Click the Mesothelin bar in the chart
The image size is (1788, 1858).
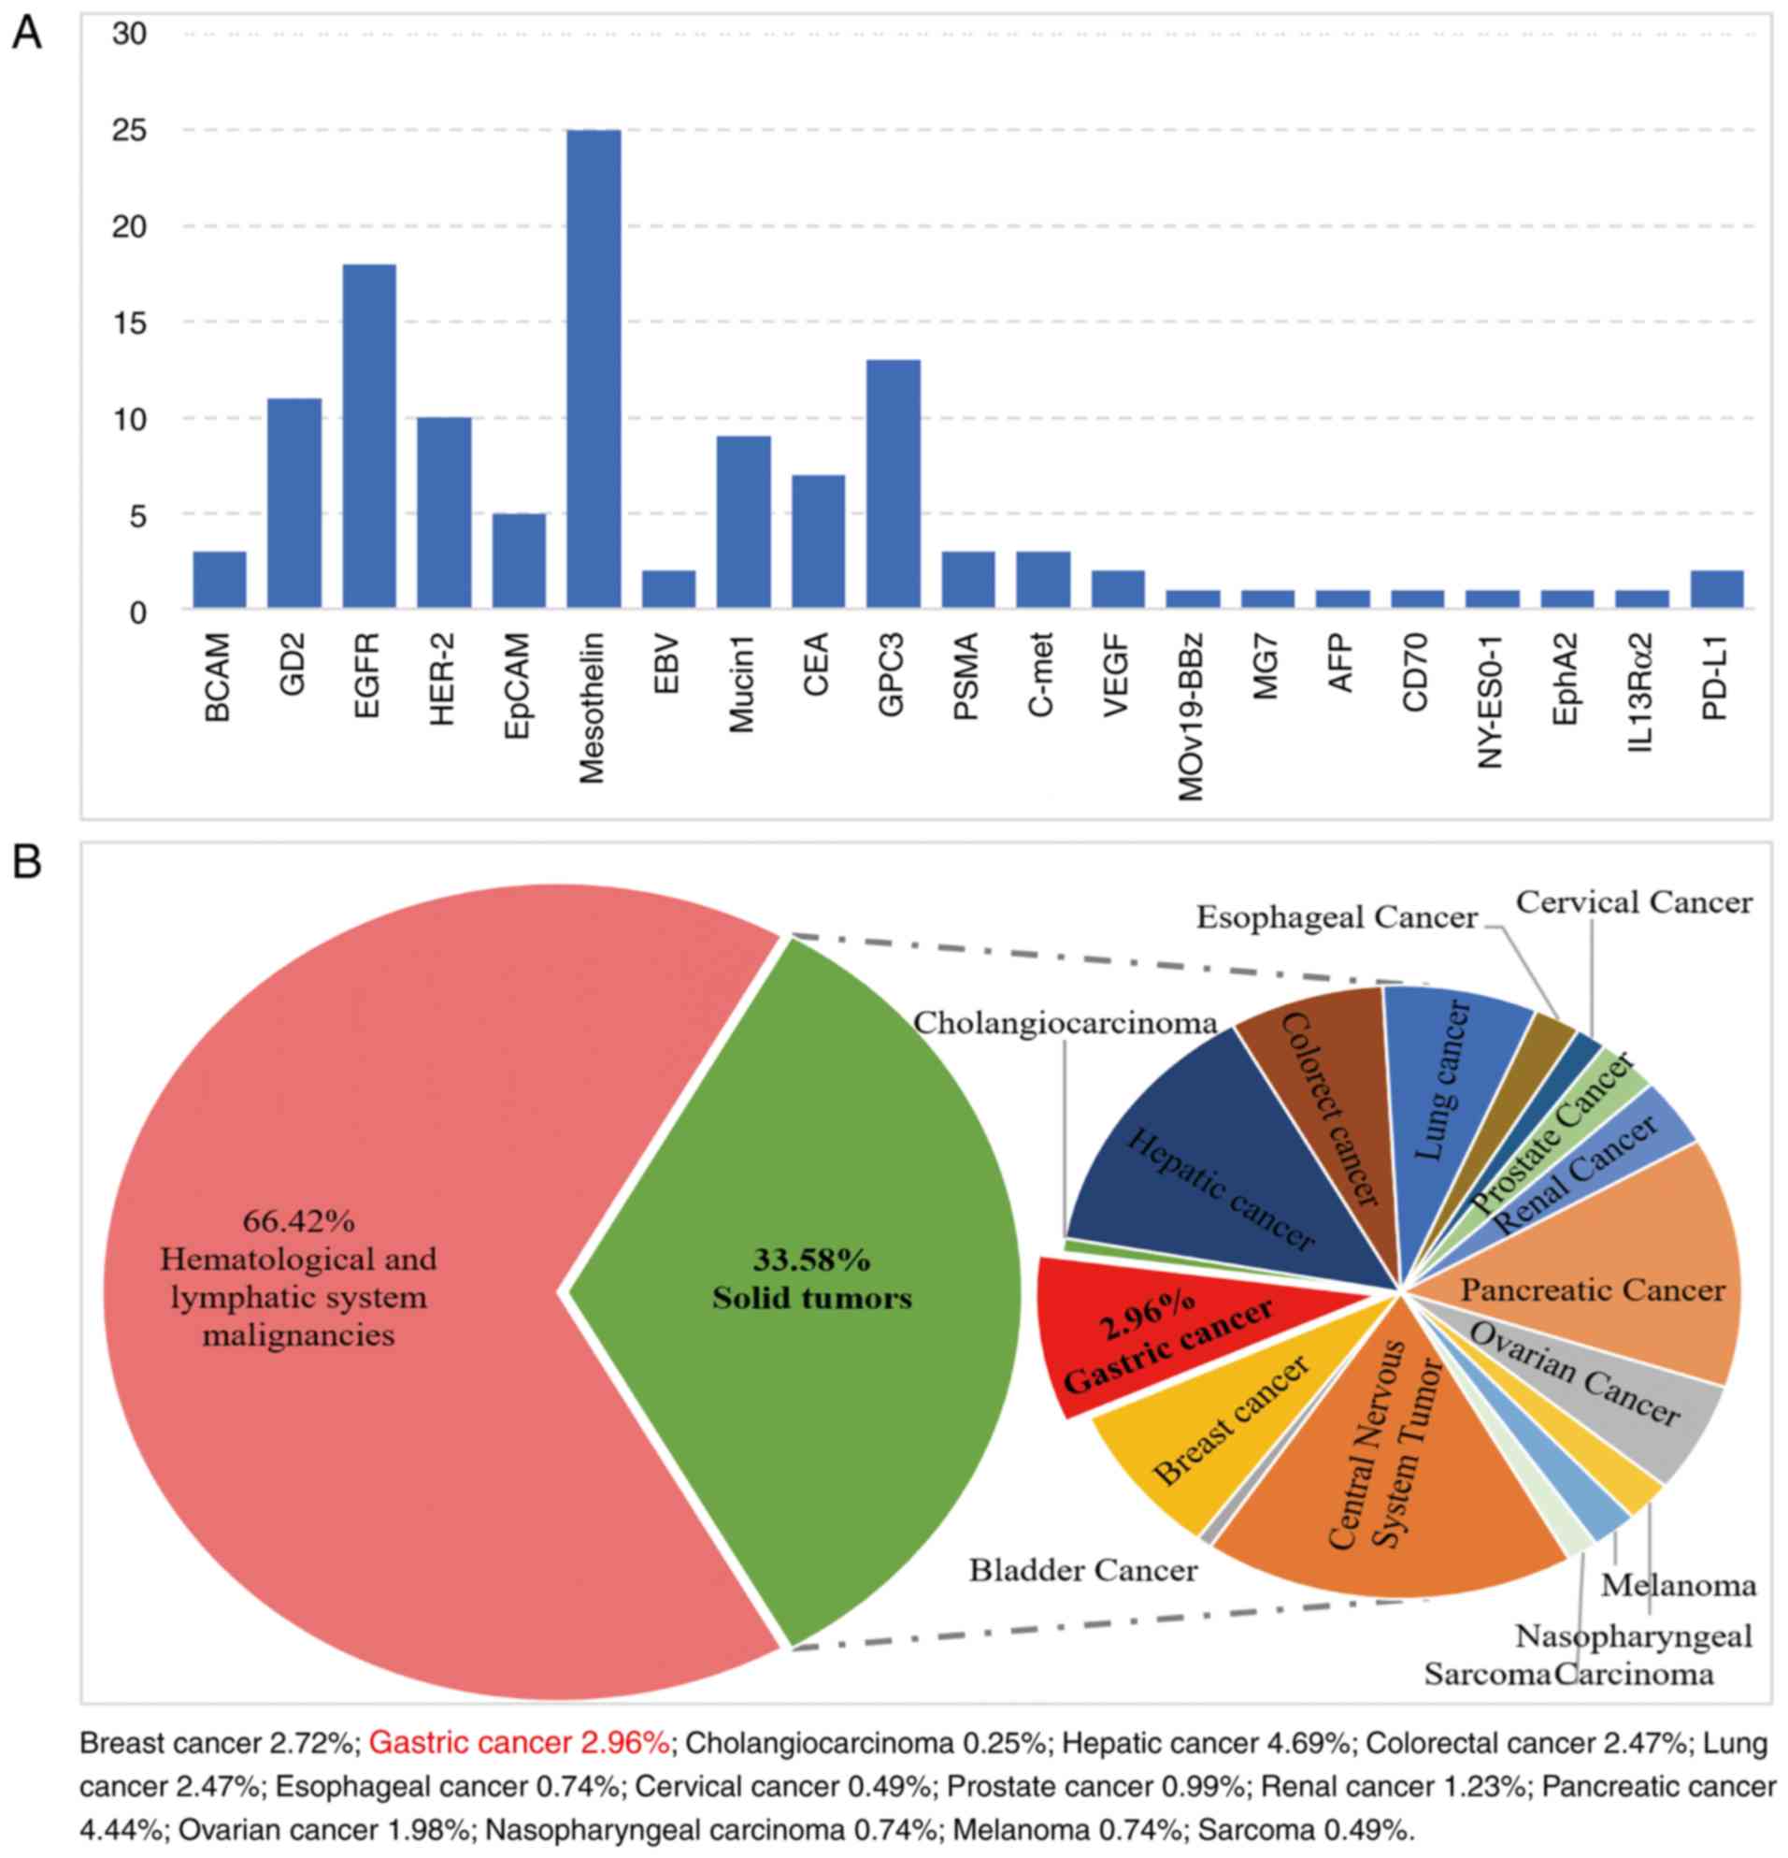594,368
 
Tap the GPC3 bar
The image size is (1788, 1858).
893,483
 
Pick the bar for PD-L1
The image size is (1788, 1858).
1716,589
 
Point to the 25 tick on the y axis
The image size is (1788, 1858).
130,131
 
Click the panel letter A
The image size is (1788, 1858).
25,36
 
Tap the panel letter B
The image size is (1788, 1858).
25,862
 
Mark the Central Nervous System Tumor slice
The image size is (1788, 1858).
1383,1478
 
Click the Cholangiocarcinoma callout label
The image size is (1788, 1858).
1065,1022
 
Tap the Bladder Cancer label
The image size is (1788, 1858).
1082,1571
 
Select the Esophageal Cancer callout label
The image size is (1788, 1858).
1336,916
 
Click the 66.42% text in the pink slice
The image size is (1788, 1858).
298,1221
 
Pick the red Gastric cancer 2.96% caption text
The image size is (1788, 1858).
520,1741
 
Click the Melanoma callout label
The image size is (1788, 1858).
1678,1585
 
